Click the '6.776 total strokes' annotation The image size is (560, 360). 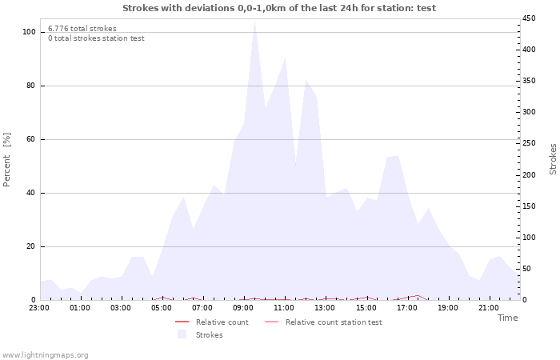82,29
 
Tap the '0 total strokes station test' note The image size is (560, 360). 96,38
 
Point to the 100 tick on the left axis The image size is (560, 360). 29,32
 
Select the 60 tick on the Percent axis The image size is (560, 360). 30,139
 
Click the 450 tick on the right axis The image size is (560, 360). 530,18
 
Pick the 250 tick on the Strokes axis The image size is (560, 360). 530,143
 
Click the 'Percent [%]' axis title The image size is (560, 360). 8,160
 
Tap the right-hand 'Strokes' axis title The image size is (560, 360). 553,159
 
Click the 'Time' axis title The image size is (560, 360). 507,318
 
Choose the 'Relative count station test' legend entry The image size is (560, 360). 334,322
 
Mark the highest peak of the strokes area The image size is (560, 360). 254,22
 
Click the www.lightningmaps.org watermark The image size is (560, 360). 45,354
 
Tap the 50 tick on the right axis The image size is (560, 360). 527,268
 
